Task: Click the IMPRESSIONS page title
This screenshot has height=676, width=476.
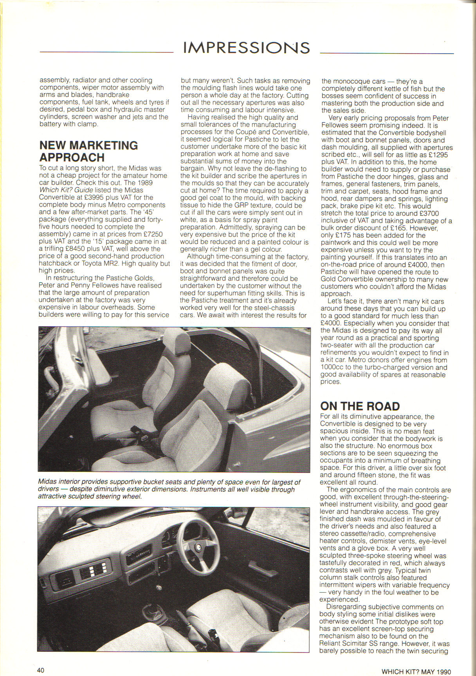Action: (247, 48)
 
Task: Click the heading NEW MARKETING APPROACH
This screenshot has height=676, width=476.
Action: (88, 151)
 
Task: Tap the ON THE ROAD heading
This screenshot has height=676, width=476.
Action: (360, 406)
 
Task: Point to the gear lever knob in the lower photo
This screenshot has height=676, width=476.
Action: (160, 587)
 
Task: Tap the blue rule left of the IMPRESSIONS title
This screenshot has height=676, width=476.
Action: (106, 52)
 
